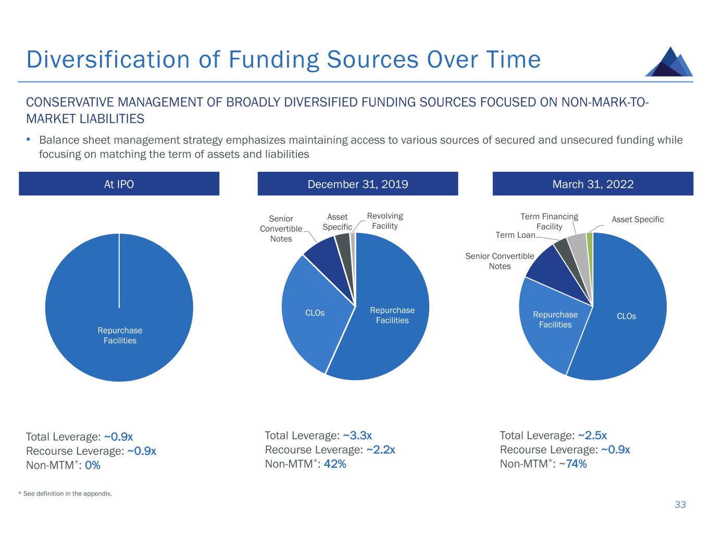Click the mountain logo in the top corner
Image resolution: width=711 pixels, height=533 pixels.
(669, 62)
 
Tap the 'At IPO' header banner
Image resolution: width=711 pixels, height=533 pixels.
(119, 184)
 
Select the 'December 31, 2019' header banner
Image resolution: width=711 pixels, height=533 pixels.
(358, 184)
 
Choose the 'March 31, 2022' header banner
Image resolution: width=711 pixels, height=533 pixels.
(593, 184)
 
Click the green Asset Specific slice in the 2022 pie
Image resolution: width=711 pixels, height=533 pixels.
(590, 237)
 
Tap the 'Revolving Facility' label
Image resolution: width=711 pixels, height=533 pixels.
(385, 221)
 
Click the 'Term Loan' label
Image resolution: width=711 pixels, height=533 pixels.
(515, 235)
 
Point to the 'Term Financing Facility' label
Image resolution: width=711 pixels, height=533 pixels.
(549, 221)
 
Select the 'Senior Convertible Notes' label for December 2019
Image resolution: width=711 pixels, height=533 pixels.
(281, 229)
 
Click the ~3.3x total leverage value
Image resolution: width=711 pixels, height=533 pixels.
(357, 435)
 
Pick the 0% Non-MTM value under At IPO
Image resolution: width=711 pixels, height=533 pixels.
(92, 465)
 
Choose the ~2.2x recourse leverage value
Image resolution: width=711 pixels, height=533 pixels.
(380, 450)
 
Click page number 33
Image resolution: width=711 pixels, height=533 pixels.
(680, 504)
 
